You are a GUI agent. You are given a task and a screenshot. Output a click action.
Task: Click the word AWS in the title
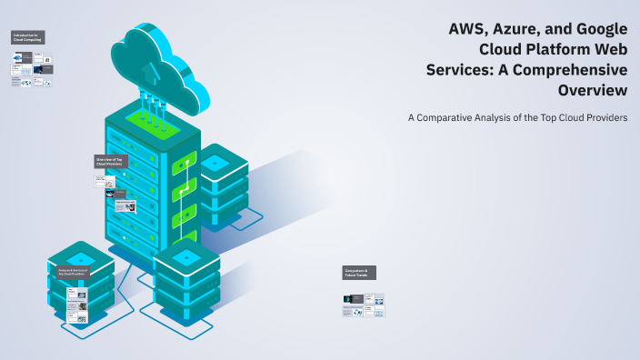pos(469,28)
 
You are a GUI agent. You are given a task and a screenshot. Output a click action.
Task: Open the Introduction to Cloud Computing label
pos(27,36)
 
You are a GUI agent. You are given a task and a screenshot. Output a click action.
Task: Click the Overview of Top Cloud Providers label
pos(111,162)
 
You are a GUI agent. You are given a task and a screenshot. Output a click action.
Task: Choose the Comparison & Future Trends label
pos(359,272)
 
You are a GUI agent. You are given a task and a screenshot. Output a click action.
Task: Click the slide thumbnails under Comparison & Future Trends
pos(364,305)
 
